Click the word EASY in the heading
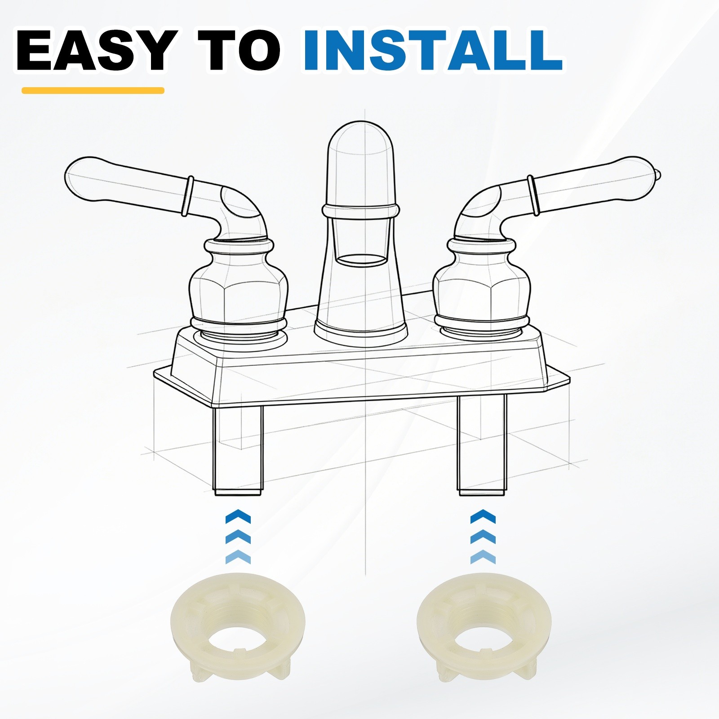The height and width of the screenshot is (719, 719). (95, 51)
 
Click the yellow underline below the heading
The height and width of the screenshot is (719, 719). (93, 90)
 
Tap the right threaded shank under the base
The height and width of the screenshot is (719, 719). (482, 445)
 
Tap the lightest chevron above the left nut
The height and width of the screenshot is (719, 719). (238, 557)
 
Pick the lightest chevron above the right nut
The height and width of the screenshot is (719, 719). (483, 557)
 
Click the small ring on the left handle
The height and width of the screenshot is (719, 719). (188, 196)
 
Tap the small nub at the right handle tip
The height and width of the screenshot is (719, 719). (658, 173)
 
